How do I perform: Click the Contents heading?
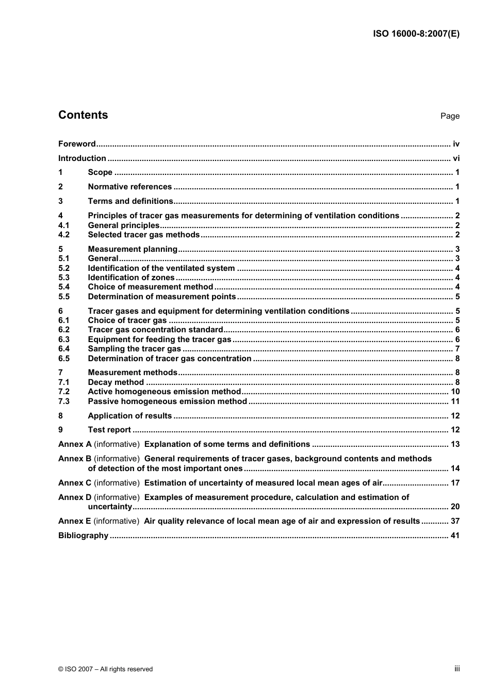coord(83,115)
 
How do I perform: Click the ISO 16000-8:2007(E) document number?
coord(416,34)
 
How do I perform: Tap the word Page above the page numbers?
coord(450,116)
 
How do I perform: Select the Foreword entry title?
coord(77,144)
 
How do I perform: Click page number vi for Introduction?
coord(456,158)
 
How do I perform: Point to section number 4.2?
coord(64,235)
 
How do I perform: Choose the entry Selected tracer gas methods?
coord(143,235)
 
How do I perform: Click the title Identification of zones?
coord(131,278)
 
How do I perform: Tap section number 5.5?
coord(64,297)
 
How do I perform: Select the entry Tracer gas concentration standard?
coord(155,330)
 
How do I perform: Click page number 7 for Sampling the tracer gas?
coord(457,349)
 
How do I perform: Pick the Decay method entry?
coord(116,382)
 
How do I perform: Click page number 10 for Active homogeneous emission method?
coord(455,392)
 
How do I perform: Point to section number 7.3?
coord(64,401)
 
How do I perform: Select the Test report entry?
coord(109,430)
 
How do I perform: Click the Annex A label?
coord(75,444)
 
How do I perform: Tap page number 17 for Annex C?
coord(455,483)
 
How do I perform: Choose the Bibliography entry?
coord(83,536)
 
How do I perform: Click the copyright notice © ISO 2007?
coord(105,669)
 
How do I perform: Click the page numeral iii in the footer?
coord(456,669)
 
